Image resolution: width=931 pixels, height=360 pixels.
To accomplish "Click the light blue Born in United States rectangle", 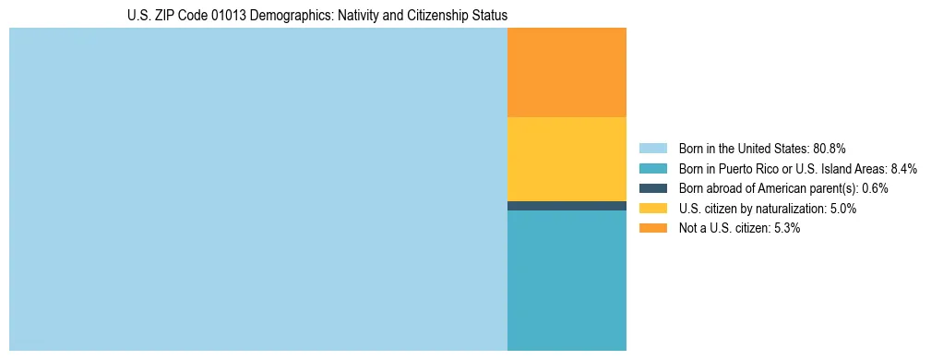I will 258,189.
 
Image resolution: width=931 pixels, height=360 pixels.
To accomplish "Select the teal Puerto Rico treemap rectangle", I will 567,281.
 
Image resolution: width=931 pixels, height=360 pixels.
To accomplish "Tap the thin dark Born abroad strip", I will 567,206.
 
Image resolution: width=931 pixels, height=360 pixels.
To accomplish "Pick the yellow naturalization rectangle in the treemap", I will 567,159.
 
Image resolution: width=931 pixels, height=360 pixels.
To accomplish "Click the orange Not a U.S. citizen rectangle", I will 567,73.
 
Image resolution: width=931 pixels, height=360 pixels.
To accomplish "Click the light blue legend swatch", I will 652,149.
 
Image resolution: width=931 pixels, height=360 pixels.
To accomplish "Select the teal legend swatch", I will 652,169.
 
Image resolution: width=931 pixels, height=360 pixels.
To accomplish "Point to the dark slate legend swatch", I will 652,188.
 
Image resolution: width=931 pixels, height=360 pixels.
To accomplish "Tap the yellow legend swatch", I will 652,209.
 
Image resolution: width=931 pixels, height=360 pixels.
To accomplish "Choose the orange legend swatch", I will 652,228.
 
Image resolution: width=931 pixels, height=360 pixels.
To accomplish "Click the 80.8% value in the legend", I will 829,149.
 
